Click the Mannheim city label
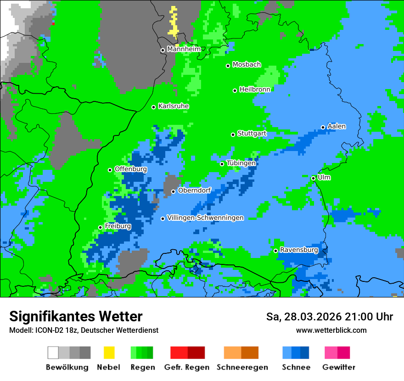tap(184, 49)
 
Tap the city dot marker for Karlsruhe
tap(154, 107)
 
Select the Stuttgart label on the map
tap(252, 134)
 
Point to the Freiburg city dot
tap(100, 227)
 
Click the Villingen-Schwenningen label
tap(205, 218)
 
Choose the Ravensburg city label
tap(299, 250)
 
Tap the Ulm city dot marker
tap(313, 178)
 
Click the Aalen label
tap(337, 126)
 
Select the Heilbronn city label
tap(255, 90)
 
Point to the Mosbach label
tap(247, 65)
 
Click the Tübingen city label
tap(241, 163)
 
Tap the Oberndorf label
tap(194, 190)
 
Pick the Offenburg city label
tap(131, 169)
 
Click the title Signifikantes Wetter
tap(76, 316)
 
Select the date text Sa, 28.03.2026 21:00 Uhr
tap(330, 317)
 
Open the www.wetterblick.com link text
tap(331, 330)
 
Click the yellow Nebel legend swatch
tap(109, 353)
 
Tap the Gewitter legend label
tap(339, 367)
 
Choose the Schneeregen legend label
tap(242, 367)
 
